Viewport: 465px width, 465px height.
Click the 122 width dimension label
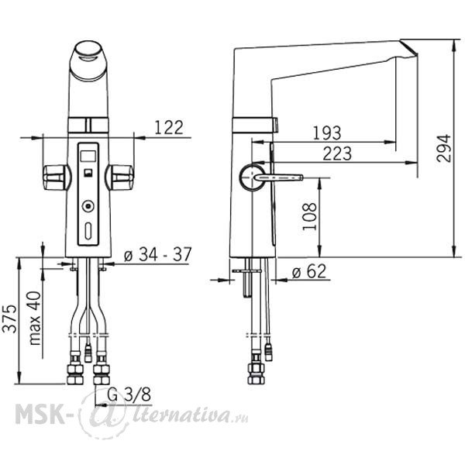[x=169, y=128]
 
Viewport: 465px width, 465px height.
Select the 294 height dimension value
[x=443, y=148]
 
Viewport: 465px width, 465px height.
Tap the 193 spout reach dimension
[x=327, y=133]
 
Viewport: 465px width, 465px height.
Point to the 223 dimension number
[x=337, y=153]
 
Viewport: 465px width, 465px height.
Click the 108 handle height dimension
[x=309, y=216]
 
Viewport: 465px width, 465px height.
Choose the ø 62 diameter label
[x=309, y=271]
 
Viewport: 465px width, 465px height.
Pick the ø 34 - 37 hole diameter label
[x=158, y=254]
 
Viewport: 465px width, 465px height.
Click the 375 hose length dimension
[x=9, y=319]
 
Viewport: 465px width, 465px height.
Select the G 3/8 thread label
[x=129, y=394]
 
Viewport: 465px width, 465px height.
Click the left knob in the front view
[x=56, y=177]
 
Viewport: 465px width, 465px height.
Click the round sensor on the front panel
[x=88, y=206]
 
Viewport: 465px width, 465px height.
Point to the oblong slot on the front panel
[x=88, y=231]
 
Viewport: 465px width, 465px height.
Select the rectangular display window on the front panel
[x=88, y=156]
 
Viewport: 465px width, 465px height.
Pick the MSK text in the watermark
[x=40, y=414]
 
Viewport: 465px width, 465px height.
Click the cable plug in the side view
[x=269, y=353]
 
